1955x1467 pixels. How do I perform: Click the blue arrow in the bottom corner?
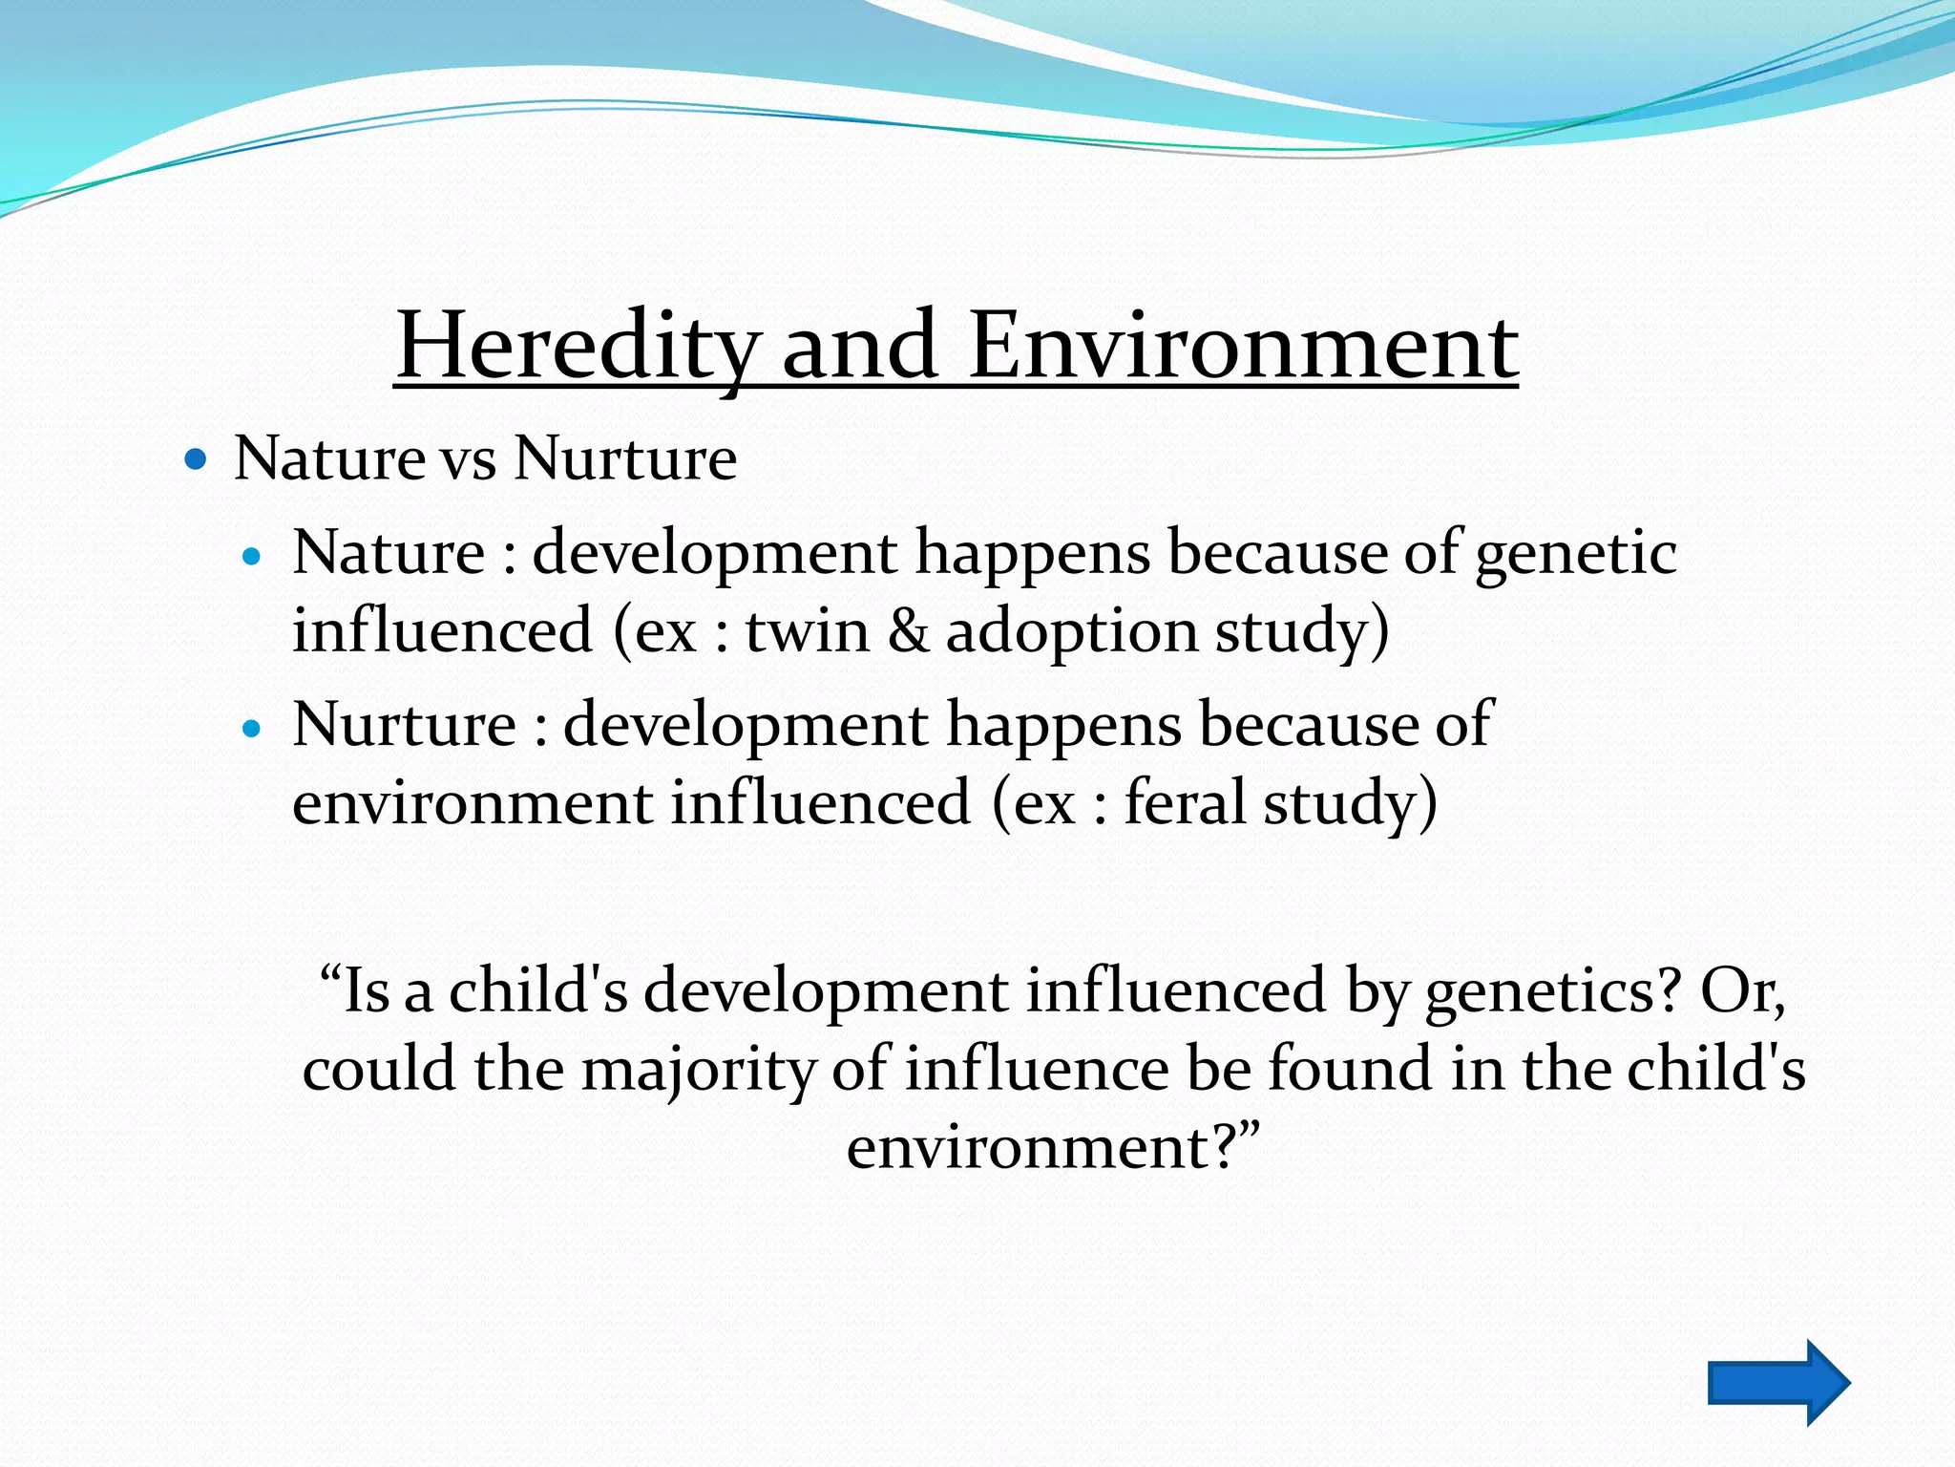[x=1777, y=1382]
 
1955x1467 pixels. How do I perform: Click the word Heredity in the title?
[x=578, y=346]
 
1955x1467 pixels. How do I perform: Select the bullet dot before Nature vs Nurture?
[x=196, y=460]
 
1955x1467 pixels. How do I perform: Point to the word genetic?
[x=1575, y=554]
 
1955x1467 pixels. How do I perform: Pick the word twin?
[x=808, y=631]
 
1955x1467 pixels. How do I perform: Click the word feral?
[x=1184, y=802]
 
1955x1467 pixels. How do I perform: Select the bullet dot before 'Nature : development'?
[x=252, y=557]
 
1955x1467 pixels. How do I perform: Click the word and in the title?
[x=859, y=346]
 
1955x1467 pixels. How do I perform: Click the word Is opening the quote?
[x=365, y=991]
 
